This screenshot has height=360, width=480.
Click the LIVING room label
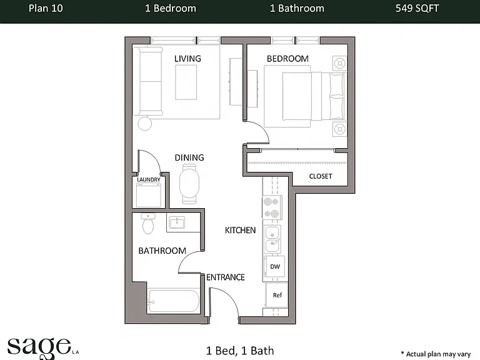(x=187, y=59)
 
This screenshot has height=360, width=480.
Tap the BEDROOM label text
(x=287, y=59)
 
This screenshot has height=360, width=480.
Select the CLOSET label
(x=321, y=176)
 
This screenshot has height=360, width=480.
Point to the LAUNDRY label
(x=149, y=179)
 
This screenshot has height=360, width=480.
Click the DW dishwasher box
(x=274, y=267)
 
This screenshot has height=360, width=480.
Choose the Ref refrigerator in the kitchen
(x=277, y=295)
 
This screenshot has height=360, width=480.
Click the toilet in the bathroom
(x=148, y=224)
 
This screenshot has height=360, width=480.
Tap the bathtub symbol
(x=174, y=301)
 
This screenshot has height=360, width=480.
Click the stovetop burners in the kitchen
(x=272, y=208)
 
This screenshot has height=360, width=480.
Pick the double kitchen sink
(x=272, y=239)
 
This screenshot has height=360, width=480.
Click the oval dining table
(x=189, y=184)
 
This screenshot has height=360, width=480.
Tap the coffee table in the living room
(x=186, y=82)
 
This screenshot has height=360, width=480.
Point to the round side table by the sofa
(x=145, y=124)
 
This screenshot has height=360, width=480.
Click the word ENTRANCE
(x=225, y=277)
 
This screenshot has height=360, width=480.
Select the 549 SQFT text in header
(x=417, y=8)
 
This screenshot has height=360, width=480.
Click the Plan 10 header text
(x=46, y=8)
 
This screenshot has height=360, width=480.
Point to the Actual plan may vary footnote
(x=436, y=354)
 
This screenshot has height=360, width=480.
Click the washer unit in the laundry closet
(x=149, y=195)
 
